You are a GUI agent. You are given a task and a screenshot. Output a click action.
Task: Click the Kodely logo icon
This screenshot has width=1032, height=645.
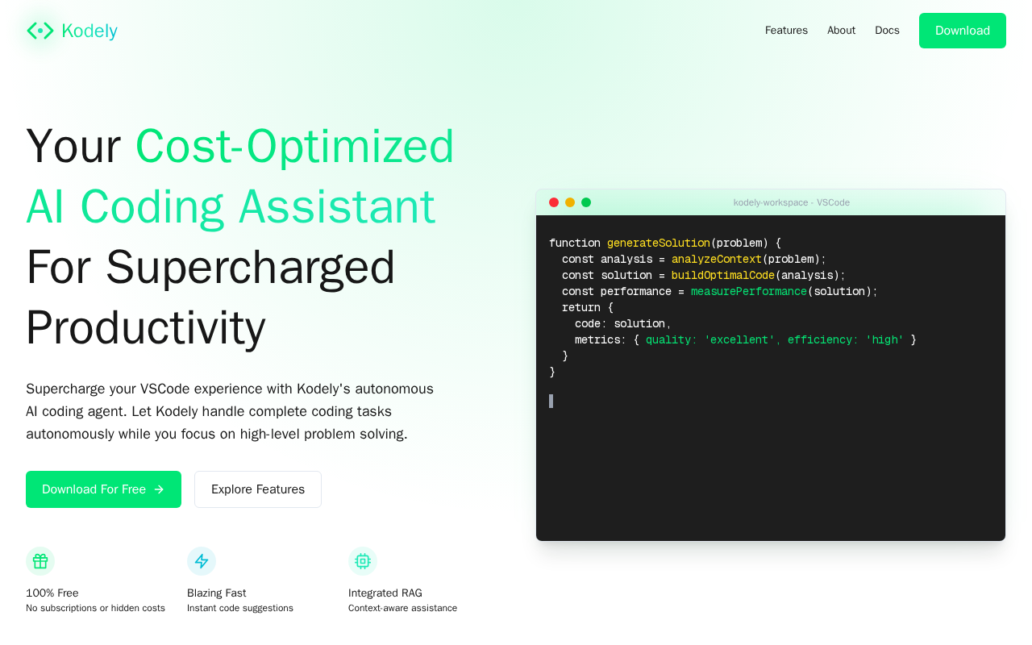[x=40, y=31]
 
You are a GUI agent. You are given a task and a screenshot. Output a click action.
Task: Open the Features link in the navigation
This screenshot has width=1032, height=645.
[x=786, y=31]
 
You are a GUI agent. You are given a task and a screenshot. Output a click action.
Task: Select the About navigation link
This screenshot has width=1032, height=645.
[x=841, y=31]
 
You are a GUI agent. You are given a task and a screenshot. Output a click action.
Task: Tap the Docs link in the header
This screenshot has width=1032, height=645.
[x=887, y=31]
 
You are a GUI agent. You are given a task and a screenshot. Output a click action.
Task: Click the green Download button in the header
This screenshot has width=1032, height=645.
[x=962, y=31]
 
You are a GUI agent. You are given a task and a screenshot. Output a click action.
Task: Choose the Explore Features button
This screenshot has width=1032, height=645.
[x=257, y=489]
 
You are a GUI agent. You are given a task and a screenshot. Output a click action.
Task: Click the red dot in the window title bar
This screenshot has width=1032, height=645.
[x=554, y=202]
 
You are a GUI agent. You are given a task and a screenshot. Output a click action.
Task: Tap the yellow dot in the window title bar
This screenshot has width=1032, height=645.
[x=570, y=202]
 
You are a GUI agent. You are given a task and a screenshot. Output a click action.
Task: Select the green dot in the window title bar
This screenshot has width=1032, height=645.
[x=586, y=202]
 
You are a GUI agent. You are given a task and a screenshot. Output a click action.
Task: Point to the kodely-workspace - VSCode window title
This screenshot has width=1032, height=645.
[x=791, y=202]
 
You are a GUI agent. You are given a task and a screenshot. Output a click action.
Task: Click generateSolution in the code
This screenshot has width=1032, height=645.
[x=659, y=243]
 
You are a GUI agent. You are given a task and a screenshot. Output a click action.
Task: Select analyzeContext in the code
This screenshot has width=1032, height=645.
[x=717, y=259]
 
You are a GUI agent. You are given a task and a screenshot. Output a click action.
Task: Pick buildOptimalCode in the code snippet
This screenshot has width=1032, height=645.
[x=723, y=275]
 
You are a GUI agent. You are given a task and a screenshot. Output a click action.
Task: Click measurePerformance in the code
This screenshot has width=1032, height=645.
[x=749, y=291]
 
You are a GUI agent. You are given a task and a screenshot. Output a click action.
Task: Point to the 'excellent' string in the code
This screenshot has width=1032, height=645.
[x=739, y=339]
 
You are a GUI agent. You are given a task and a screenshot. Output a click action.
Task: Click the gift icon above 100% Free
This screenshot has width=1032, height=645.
[x=40, y=561]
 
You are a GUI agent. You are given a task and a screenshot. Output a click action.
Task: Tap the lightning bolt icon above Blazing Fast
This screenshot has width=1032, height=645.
[x=202, y=561]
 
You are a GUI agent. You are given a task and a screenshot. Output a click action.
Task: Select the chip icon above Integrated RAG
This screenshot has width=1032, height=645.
[x=363, y=561]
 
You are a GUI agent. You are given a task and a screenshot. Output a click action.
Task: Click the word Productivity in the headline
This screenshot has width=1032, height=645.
[x=146, y=328]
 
